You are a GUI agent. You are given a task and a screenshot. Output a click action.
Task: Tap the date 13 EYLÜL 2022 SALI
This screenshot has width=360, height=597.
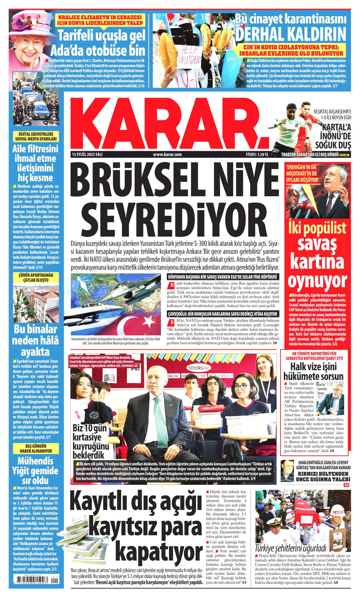(87, 154)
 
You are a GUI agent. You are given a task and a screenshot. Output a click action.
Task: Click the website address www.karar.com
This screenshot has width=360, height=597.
(167, 154)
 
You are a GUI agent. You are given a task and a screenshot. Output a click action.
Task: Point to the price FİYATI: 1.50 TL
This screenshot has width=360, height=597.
(257, 154)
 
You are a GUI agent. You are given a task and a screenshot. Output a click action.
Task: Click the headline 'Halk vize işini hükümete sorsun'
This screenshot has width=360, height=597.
(313, 372)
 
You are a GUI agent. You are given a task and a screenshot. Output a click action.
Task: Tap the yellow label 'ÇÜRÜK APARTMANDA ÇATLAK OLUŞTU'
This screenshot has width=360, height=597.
(36, 277)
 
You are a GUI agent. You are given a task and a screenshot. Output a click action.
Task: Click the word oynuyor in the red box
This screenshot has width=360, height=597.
(317, 280)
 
